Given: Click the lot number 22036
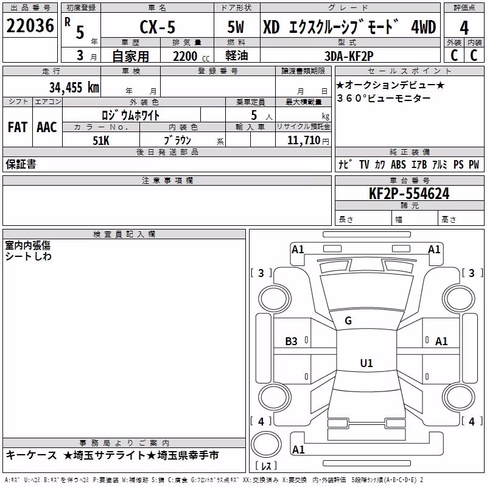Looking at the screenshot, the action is coord(30,26).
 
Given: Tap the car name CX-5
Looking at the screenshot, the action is coord(158,27).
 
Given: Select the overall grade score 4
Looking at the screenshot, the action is coord(464,28).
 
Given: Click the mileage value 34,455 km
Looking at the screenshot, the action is coord(74,87).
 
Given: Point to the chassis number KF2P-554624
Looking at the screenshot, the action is coord(409,194).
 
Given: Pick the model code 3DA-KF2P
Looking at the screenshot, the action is coord(349,56).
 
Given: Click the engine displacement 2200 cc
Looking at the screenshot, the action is coord(191,56).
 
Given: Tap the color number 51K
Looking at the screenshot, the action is coord(101,141).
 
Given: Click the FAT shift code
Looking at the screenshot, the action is coord(18,127).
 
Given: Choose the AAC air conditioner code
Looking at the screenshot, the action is coord(47,127).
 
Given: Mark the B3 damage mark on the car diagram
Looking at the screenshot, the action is coord(291,342).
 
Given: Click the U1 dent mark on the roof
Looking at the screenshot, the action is coord(366,363).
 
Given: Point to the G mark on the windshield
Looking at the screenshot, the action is coord(348,321).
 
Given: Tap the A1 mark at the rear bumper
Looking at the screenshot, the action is coord(298,449).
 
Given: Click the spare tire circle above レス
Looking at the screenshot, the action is coord(266,444).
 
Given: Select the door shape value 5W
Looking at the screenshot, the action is coord(236,27).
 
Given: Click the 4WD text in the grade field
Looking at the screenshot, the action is coord(423,27).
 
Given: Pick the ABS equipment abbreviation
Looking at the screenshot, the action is coord(398,164).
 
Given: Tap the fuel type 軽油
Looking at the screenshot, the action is coord(237,55).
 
